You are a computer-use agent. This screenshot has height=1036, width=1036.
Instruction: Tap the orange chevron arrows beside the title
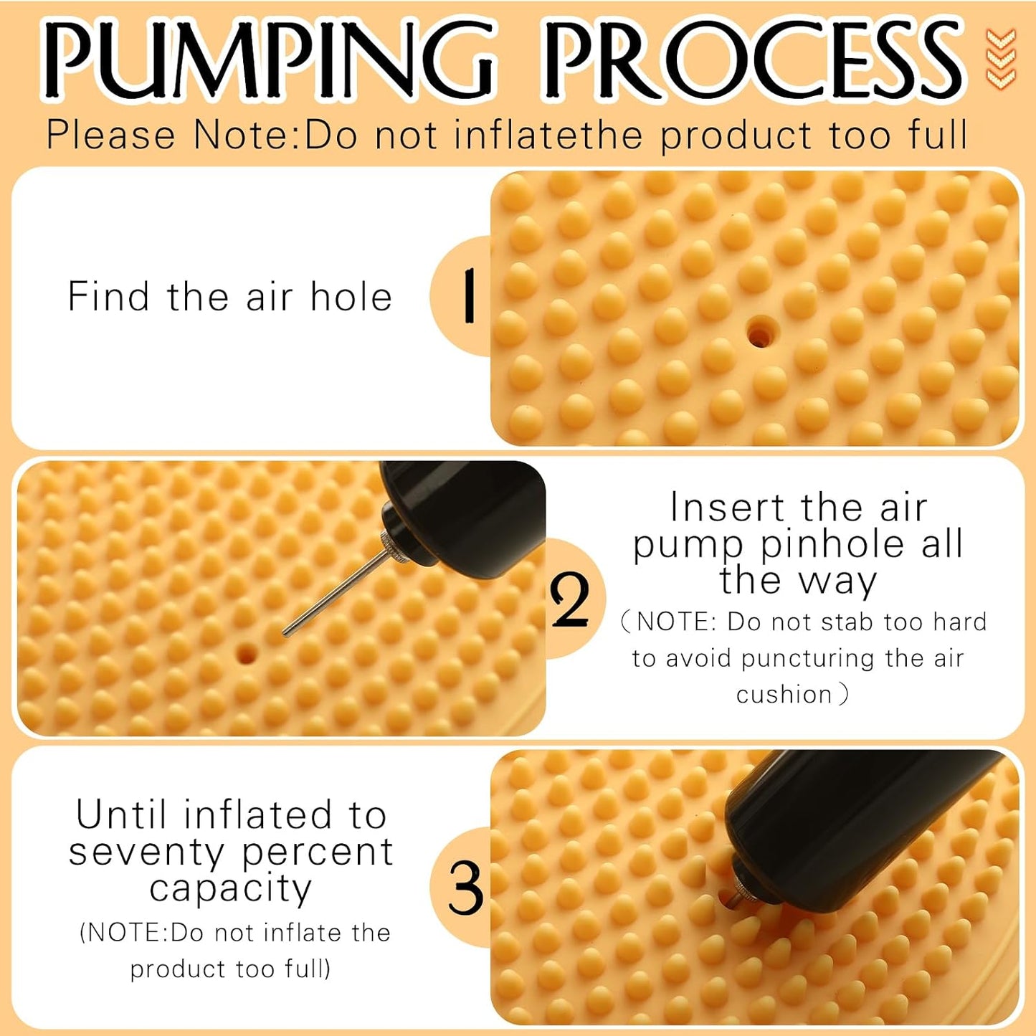click(1001, 58)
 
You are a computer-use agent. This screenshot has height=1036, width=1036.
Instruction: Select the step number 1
click(469, 296)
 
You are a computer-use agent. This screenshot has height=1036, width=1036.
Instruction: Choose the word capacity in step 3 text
click(231, 890)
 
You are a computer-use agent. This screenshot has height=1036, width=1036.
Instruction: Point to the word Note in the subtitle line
click(248, 135)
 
